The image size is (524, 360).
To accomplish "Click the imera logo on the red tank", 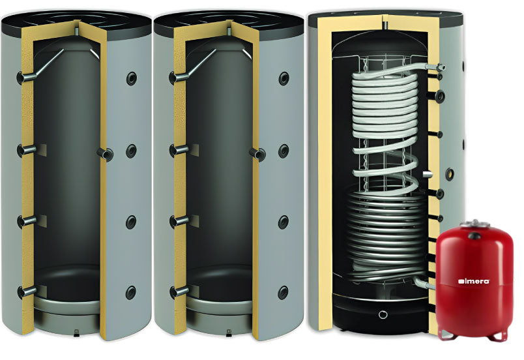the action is pos(474,281).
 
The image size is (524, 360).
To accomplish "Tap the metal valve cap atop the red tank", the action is pos(474,223).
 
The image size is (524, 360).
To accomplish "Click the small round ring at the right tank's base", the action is pos(383,314).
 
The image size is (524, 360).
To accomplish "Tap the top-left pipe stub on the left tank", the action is pos(26,78).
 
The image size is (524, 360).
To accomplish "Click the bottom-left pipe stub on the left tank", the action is pos(27,292).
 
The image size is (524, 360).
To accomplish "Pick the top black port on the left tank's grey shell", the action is pos(131,78).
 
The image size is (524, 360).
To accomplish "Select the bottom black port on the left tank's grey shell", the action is pos(130,293).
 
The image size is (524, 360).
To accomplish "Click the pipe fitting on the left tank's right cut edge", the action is pos(106,154).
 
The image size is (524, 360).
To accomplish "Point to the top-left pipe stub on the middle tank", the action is pos(179,78).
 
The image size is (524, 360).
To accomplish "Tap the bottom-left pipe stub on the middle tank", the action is pos(179,292).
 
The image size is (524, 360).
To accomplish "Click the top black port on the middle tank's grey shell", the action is pos(284,78).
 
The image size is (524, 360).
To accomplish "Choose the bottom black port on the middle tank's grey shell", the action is pos(283,293).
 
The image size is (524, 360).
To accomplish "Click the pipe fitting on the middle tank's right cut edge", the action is pos(257,154).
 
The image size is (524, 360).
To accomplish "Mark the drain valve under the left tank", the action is pos(76,333).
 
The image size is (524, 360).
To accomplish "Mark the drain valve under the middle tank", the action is pos(229,333).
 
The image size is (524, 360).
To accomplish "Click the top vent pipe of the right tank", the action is pos(385,25).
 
